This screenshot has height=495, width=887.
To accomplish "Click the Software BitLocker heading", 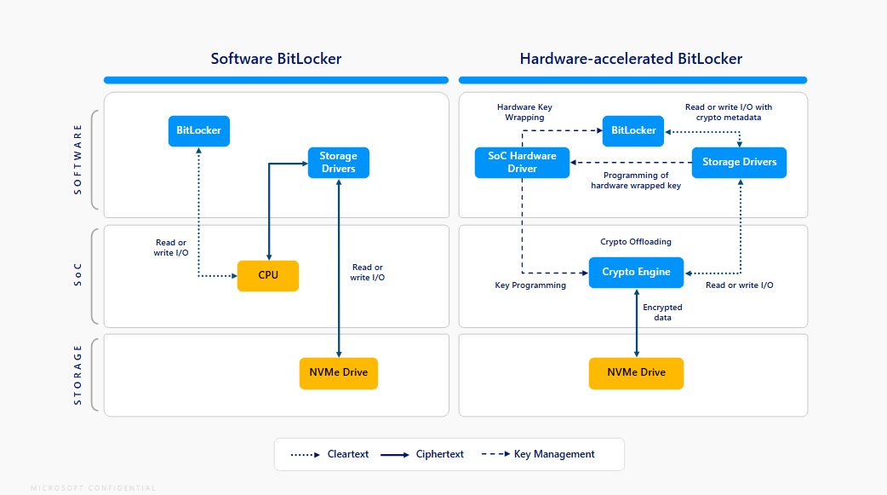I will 276,59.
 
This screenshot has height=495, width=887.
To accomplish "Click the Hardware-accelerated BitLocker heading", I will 631,59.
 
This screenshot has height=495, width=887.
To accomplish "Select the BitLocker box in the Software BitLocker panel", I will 199,131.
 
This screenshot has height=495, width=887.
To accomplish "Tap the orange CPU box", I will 268,275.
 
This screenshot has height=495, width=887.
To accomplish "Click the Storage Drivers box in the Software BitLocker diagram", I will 339,162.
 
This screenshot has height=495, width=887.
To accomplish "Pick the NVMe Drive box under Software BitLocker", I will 339,373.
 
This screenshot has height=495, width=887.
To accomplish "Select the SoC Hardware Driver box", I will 522,162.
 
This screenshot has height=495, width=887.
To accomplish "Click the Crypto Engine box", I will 636,273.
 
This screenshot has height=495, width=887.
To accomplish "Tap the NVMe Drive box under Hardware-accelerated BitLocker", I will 636,373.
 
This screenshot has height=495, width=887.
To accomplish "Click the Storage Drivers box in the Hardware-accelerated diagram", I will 739,162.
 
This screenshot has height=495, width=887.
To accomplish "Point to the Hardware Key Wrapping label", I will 524,112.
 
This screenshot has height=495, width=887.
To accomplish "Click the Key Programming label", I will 530,285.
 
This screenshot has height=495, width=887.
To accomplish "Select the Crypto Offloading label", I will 636,242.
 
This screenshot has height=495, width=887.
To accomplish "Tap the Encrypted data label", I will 662,312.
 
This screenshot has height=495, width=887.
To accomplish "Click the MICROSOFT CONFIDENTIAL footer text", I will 94,488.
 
